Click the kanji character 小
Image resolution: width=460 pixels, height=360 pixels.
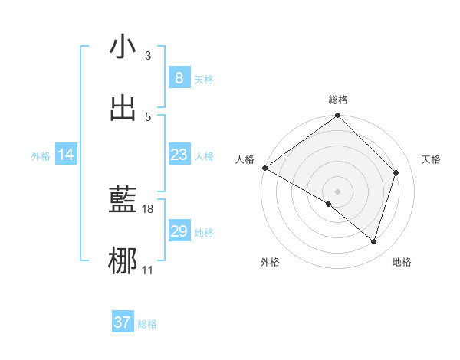pos(123,47)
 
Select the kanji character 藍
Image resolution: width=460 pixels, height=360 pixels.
pos(123,201)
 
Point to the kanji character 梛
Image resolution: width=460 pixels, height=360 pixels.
pos(123,261)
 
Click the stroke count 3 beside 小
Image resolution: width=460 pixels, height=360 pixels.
pos(148,56)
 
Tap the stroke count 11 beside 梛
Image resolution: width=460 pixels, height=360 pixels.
pos(148,270)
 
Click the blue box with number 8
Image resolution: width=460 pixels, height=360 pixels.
pos(179,78)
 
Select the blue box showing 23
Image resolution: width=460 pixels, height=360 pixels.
pos(179,155)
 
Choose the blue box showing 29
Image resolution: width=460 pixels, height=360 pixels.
pos(179,231)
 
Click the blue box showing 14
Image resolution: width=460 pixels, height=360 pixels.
pos(66,155)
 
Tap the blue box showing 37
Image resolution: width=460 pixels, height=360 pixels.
pos(122,322)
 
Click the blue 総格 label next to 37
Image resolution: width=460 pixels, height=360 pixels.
pos(147,324)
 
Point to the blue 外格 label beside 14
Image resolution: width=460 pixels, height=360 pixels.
pos(41,156)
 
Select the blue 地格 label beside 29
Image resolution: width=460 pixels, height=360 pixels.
pos(204,233)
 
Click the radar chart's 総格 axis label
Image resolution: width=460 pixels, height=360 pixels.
pos(338,100)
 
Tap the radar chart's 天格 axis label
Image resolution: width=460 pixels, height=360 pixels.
pos(432,159)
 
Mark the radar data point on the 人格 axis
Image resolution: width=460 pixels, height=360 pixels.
pos(264,168)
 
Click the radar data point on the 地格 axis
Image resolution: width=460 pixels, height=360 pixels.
pos(374,242)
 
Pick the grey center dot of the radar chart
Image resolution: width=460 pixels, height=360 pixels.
pos(337,191)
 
